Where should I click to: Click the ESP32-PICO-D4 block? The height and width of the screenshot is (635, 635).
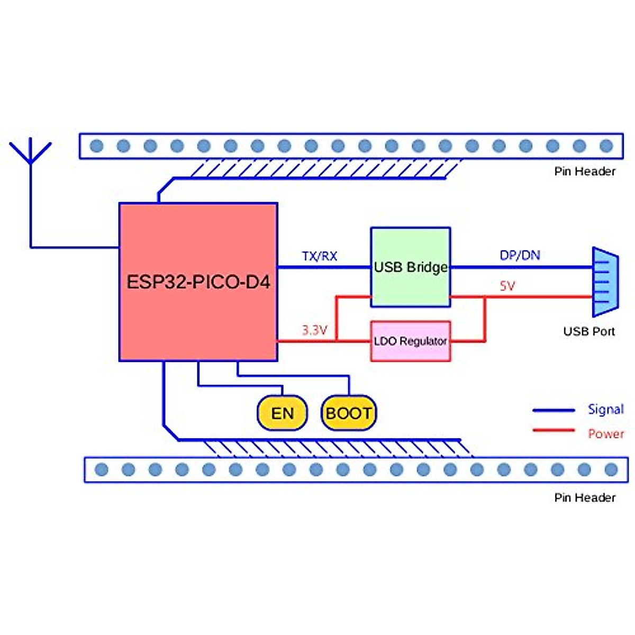click(x=198, y=282)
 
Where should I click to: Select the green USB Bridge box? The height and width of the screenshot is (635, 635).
click(x=411, y=267)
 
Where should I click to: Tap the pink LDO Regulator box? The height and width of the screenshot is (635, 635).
click(x=411, y=341)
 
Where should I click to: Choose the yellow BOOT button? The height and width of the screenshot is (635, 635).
click(x=348, y=413)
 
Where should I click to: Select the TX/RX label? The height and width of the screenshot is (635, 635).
click(x=320, y=256)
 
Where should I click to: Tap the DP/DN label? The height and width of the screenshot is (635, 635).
click(x=520, y=255)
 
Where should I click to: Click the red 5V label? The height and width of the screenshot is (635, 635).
click(x=507, y=286)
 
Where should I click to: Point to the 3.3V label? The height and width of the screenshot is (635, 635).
click(x=314, y=330)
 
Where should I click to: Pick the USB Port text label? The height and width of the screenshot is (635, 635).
click(x=589, y=332)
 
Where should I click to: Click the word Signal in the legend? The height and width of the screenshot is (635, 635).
click(x=605, y=409)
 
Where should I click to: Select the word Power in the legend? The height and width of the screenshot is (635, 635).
click(x=606, y=434)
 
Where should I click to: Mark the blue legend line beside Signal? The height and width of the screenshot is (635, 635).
click(x=554, y=410)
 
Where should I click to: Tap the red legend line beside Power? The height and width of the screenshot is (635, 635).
click(x=554, y=430)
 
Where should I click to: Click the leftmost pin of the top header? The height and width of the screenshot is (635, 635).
click(x=96, y=146)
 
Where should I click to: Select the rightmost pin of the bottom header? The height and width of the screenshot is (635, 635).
click(x=611, y=469)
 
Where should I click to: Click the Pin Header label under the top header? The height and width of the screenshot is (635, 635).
click(x=585, y=171)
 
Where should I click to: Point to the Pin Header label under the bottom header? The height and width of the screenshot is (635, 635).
click(x=585, y=498)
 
